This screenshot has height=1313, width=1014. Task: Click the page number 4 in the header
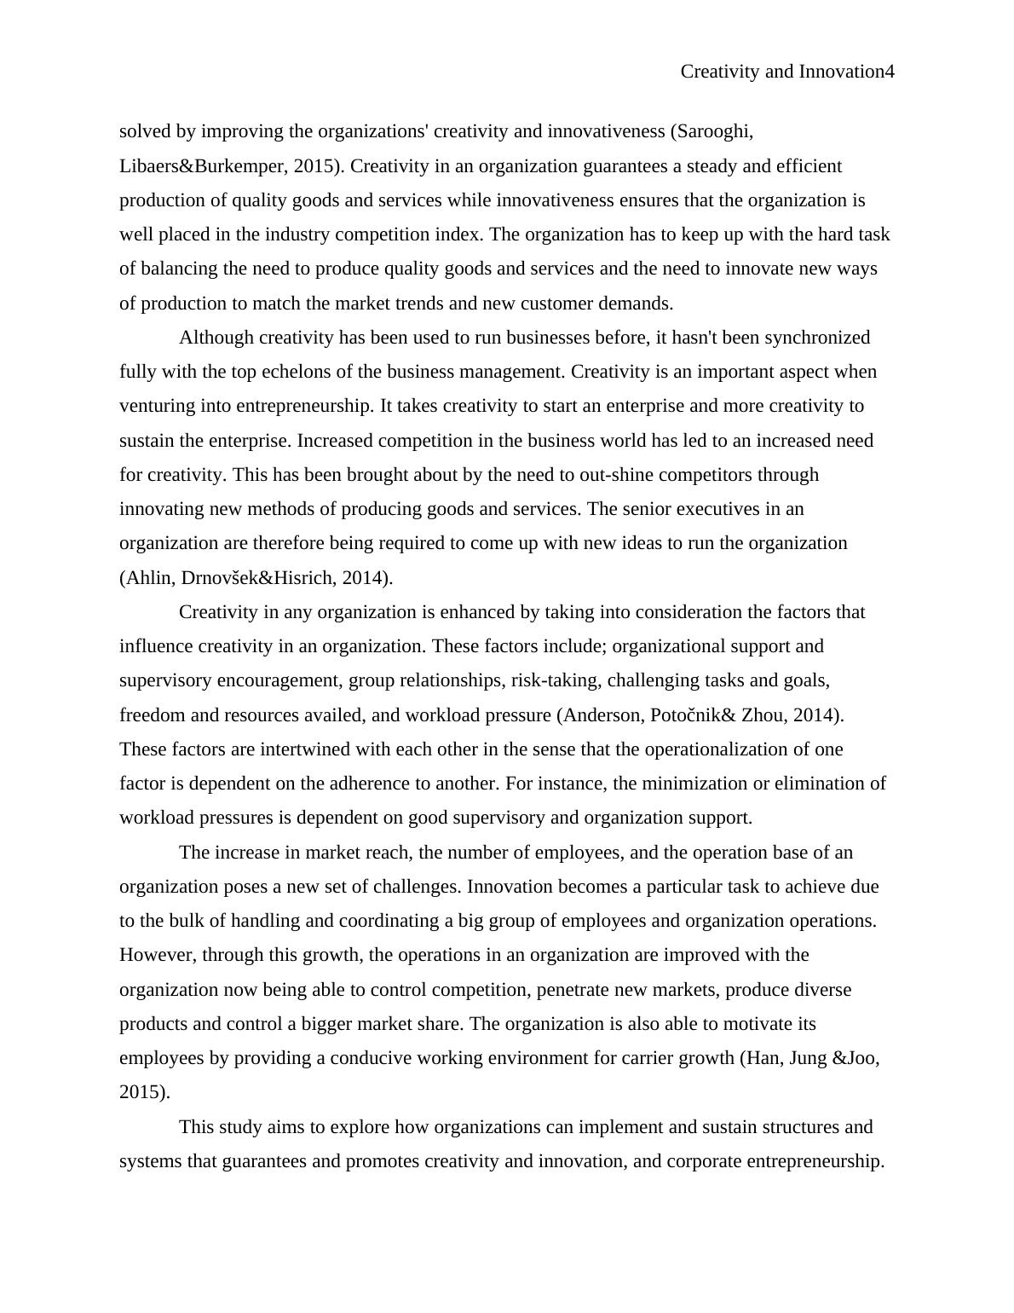point(890,72)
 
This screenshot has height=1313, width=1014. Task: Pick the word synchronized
point(818,338)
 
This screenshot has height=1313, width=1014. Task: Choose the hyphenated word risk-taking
point(550,680)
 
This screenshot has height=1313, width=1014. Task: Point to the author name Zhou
point(763,715)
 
